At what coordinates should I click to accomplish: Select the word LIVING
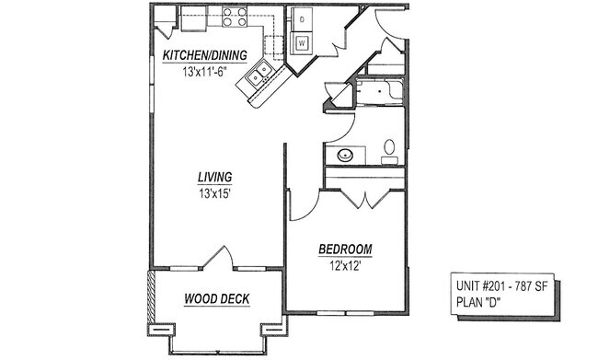pyautogui.click(x=214, y=177)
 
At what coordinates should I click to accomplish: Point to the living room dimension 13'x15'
pyautogui.click(x=214, y=193)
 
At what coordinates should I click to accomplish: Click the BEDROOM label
pyautogui.click(x=345, y=250)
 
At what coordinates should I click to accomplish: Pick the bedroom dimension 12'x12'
pyautogui.click(x=345, y=266)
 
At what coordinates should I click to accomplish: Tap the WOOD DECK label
pyautogui.click(x=217, y=299)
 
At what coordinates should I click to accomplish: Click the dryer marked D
pyautogui.click(x=302, y=19)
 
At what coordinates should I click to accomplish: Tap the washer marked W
pyautogui.click(x=302, y=41)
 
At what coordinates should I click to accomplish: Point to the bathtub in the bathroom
pyautogui.click(x=377, y=91)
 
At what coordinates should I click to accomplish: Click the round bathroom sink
pyautogui.click(x=346, y=155)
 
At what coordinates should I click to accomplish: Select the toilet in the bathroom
pyautogui.click(x=389, y=149)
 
